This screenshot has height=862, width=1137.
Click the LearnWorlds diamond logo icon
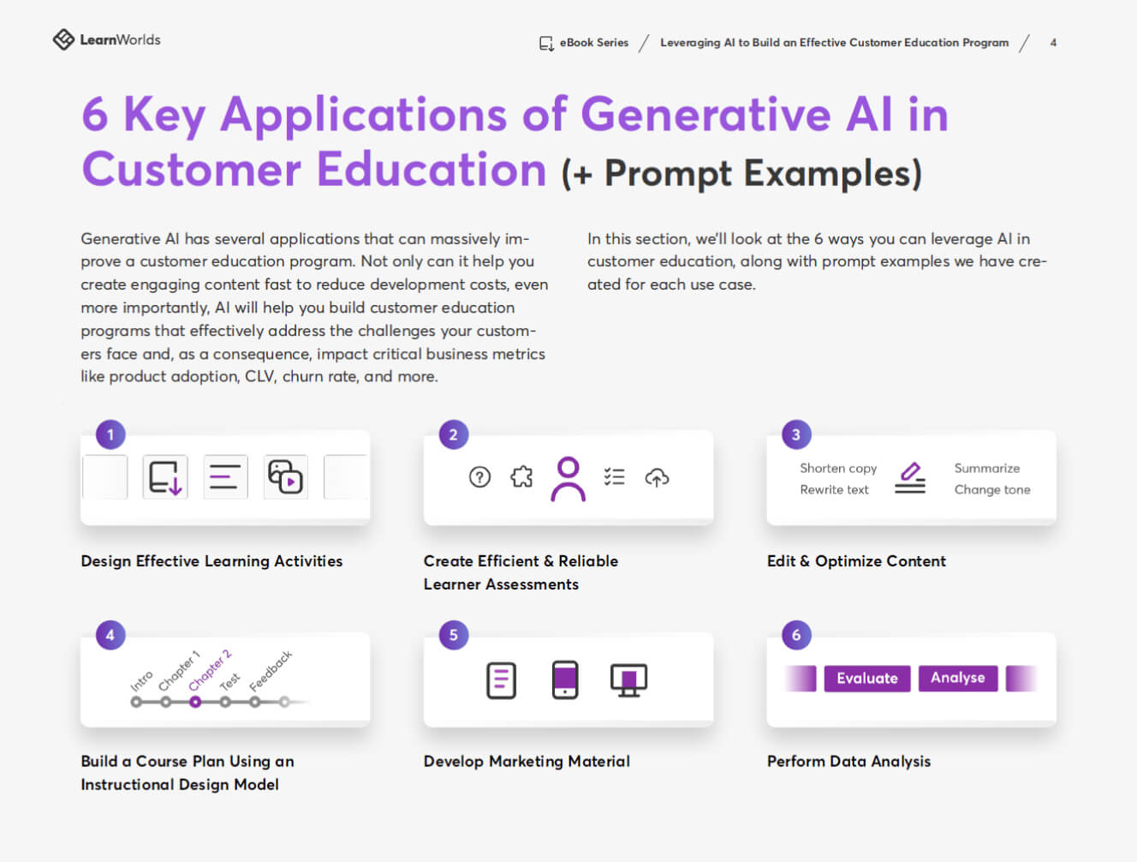click(63, 39)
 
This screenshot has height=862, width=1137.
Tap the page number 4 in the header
click(1053, 43)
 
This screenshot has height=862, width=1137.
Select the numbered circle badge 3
click(796, 434)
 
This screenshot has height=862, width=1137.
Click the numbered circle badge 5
click(453, 635)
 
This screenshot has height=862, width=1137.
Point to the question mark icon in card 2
click(479, 477)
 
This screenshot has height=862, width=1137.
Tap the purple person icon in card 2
click(568, 479)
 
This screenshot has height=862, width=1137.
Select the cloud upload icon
click(657, 477)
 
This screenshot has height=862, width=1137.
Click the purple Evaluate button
click(867, 678)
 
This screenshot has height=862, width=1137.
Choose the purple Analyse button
click(958, 678)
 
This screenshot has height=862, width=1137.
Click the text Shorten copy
click(838, 469)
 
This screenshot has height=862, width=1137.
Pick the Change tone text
click(992, 490)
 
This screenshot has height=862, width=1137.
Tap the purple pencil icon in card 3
click(910, 471)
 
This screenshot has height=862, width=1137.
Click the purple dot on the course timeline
click(195, 703)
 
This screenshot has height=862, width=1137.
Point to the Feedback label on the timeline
click(271, 671)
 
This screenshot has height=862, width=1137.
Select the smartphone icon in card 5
click(565, 680)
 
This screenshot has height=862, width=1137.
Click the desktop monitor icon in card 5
click(628, 680)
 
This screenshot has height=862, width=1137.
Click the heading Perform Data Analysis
click(849, 762)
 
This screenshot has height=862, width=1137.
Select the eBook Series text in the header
click(594, 43)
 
